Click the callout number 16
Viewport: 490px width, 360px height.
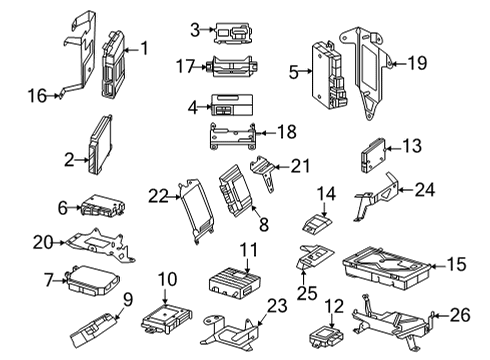click(x=37, y=96)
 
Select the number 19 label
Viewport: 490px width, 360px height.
click(x=417, y=63)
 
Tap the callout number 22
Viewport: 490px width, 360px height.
click(x=158, y=196)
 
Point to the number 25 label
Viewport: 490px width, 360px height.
click(x=307, y=294)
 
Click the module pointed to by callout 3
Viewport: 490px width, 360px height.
click(x=233, y=33)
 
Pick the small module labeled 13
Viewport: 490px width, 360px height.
click(x=372, y=155)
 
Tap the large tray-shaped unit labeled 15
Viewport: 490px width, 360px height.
click(x=387, y=268)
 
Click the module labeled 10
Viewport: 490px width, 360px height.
click(x=166, y=317)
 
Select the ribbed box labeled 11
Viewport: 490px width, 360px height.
click(x=234, y=284)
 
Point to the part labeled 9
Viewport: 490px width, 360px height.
click(x=94, y=331)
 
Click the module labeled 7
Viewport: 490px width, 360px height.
click(x=94, y=279)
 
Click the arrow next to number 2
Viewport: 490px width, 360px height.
click(x=81, y=160)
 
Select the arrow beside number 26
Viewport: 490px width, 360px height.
click(x=441, y=315)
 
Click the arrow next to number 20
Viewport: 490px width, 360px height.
click(x=59, y=243)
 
